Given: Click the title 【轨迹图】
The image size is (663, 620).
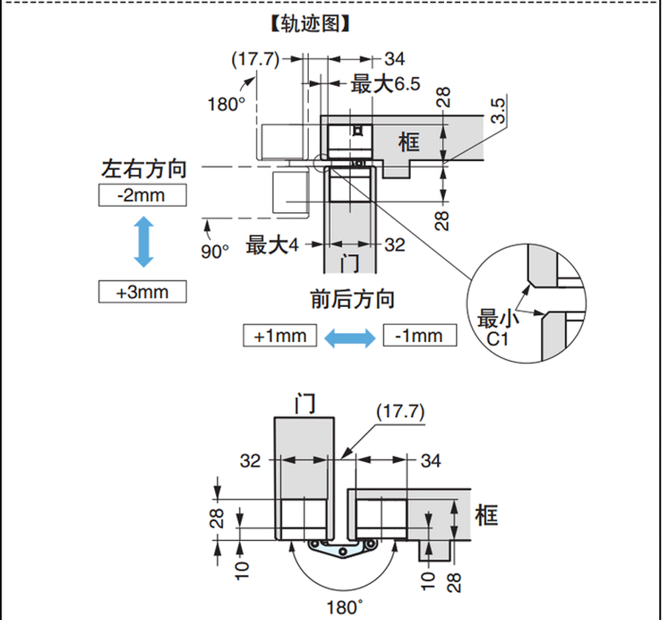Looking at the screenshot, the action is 310,24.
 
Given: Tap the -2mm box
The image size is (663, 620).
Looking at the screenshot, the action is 143,196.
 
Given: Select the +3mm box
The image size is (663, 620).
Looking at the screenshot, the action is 143,292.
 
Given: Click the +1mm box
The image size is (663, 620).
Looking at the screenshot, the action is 280,336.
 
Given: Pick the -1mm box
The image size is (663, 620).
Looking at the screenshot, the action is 420,336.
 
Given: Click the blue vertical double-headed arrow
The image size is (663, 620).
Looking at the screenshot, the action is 144,242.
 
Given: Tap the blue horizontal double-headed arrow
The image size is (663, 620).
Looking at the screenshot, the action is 349,338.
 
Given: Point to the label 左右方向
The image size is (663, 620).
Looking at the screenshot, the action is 144,168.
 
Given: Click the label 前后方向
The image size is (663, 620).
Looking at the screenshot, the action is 353,299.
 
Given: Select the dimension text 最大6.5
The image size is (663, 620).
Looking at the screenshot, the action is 386,84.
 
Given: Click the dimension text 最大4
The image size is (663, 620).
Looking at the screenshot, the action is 272,245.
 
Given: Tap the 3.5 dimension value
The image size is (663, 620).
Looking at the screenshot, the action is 498,111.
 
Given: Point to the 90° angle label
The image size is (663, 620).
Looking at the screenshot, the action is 215,251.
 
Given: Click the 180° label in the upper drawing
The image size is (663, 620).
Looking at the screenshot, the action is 226,104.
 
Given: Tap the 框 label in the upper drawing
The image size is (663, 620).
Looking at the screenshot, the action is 409,142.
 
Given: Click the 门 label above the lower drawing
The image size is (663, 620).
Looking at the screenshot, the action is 305,403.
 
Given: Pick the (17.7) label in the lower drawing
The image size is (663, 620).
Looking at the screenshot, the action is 400,412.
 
